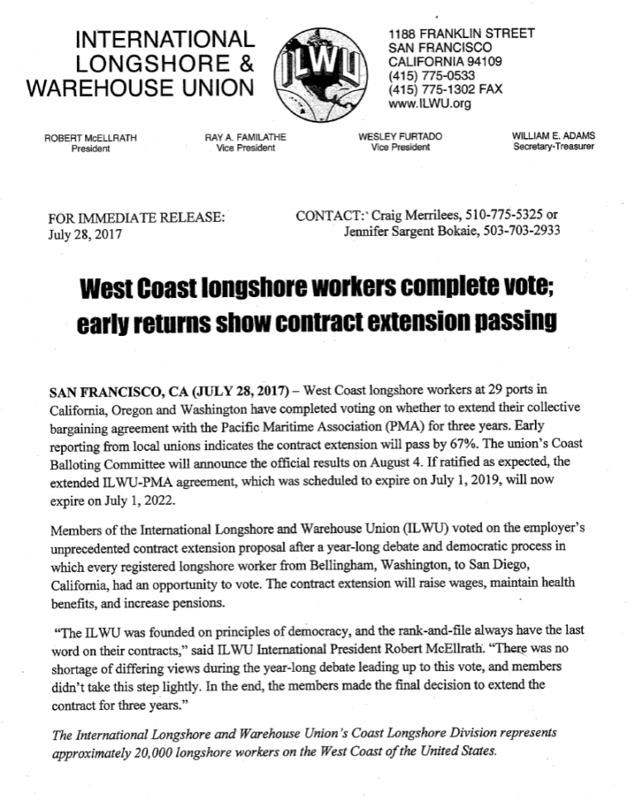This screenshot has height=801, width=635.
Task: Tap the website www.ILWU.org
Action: [x=429, y=103]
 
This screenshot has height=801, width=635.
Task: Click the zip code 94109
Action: [x=480, y=61]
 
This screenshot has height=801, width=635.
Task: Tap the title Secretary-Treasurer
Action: [x=554, y=147]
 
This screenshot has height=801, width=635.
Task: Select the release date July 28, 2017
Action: [x=86, y=234]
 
